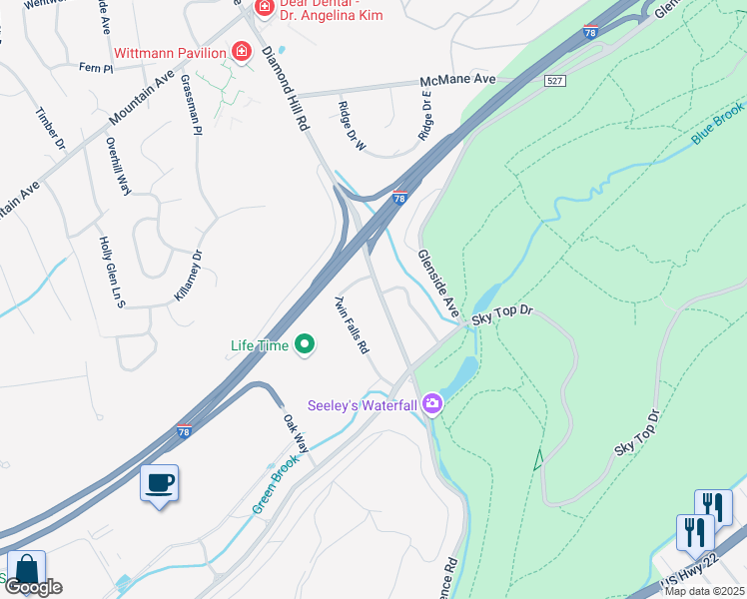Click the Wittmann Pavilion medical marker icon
pos(241,50)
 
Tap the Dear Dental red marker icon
pos(264,9)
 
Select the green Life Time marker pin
pos(306,345)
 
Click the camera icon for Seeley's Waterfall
pos(432,403)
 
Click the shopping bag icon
pos(27,570)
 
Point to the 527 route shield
pos(556,80)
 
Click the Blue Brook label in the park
pos(716,125)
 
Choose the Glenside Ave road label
pos(437,285)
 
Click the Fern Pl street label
pos(96,67)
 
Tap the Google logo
pos(33,587)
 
